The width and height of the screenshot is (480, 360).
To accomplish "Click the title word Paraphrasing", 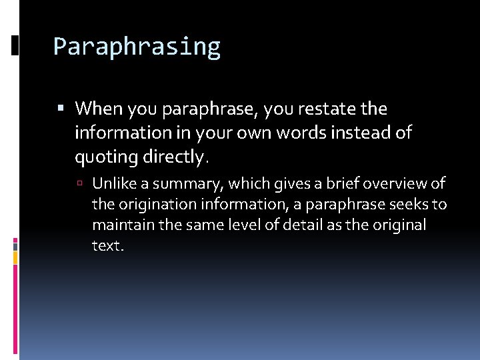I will click(137, 47).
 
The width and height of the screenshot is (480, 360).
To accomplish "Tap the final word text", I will click(107, 245).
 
